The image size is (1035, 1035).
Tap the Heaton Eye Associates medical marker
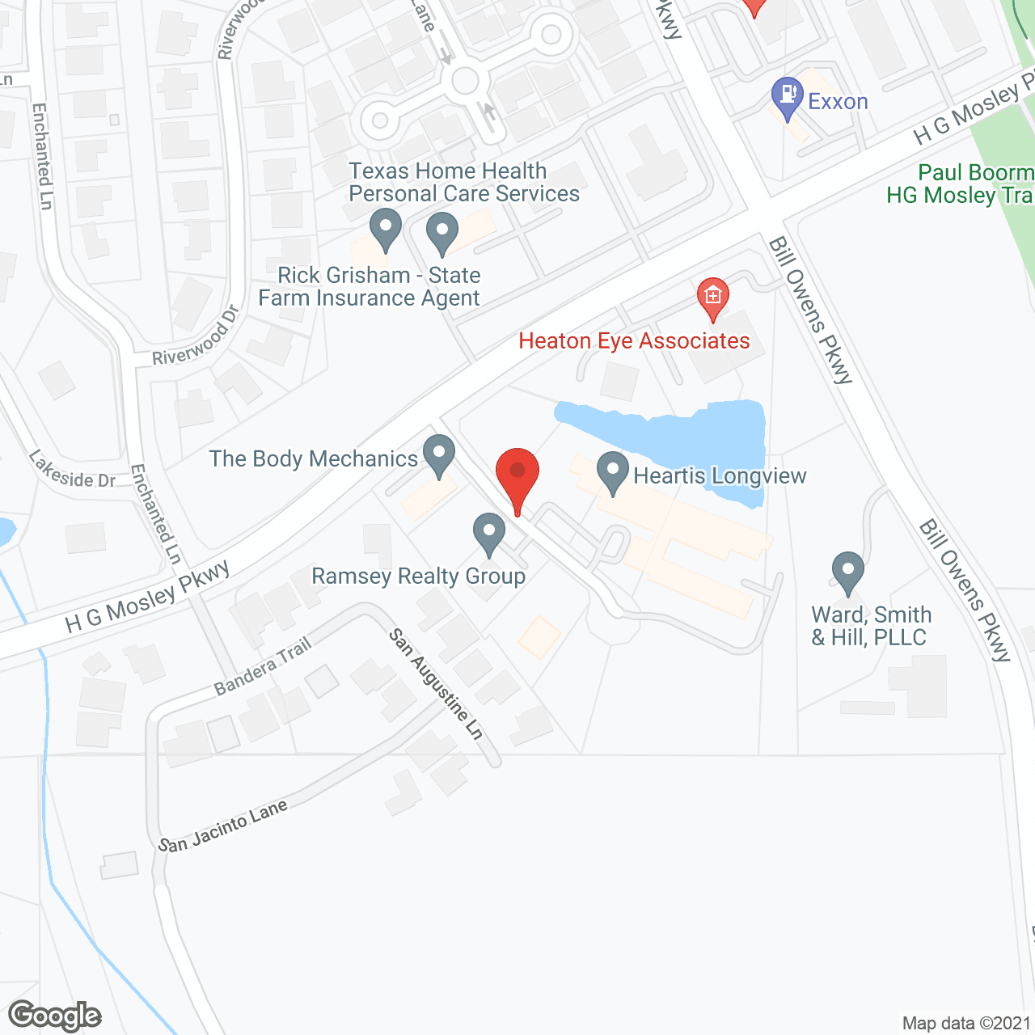(x=712, y=298)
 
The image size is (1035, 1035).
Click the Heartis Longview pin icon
(x=613, y=473)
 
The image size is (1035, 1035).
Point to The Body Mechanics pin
(x=439, y=454)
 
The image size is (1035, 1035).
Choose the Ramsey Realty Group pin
(x=488, y=534)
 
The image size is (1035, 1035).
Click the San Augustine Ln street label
(x=437, y=684)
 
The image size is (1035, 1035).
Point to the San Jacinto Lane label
(x=223, y=827)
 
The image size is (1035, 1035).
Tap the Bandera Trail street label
(x=263, y=667)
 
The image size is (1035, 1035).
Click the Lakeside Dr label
(x=73, y=470)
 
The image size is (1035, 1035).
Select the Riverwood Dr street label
(x=196, y=335)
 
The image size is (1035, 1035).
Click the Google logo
(x=55, y=1016)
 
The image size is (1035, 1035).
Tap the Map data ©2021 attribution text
(x=967, y=1024)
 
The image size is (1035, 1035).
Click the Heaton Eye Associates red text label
(x=634, y=341)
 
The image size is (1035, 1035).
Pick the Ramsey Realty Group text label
(x=418, y=577)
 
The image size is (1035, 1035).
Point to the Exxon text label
(x=838, y=102)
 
